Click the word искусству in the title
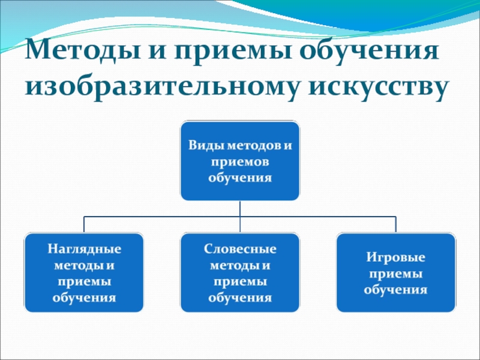click(379, 87)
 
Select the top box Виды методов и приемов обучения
click(240, 161)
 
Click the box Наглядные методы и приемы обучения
click(84, 272)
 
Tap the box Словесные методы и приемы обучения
click(240, 272)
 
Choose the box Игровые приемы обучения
click(395, 272)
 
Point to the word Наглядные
click(84, 248)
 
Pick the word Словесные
click(240, 248)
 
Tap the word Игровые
click(395, 257)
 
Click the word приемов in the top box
click(240, 161)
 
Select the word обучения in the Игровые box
click(395, 289)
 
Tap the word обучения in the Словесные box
click(240, 298)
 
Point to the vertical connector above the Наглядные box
click(84, 224)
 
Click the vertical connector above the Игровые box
click(395, 224)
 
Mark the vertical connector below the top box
click(240, 208)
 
